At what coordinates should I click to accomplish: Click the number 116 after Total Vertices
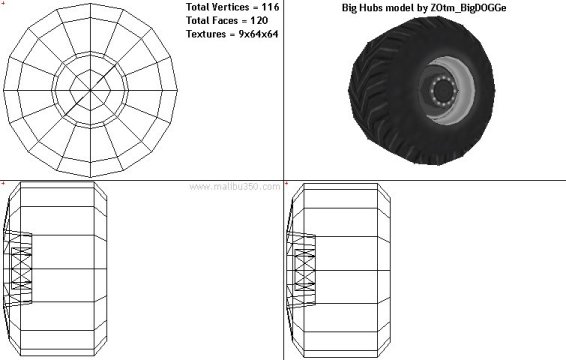270,7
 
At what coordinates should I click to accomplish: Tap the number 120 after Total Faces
259,21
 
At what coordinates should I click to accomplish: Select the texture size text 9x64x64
258,34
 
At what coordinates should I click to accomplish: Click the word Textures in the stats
206,34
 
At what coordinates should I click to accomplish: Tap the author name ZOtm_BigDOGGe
468,8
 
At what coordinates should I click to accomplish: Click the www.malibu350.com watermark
235,187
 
